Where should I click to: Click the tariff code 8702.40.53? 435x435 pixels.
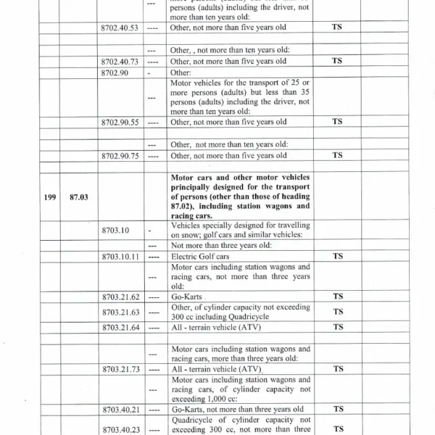120,27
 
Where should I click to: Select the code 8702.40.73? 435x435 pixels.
120,62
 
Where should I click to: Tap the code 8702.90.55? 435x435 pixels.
120,123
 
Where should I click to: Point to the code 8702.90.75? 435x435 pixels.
120,155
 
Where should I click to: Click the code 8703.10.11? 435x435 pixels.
120,257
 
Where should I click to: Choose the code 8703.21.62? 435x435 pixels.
120,297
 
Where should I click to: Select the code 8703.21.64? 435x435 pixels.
120,327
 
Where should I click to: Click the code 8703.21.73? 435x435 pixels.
120,369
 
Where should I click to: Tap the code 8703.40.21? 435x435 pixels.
120,410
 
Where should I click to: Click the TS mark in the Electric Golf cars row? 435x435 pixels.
337,257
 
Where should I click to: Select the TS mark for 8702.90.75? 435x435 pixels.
337,155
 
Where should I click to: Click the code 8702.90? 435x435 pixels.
115,73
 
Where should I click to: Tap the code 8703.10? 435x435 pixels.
115,230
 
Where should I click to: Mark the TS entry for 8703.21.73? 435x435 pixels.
337,369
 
